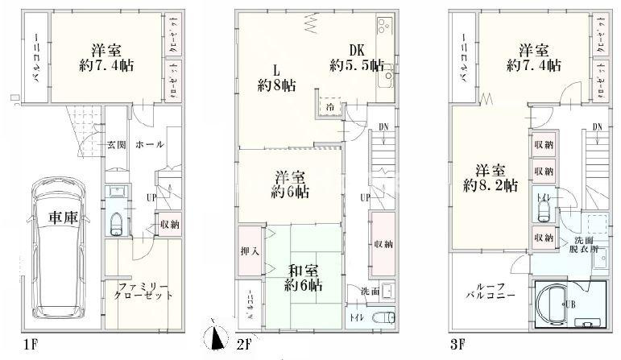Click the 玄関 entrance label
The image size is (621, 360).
click(x=117, y=145)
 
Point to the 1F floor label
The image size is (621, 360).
click(x=30, y=346)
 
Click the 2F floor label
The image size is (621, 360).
click(x=242, y=346)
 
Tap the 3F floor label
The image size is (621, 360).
click(x=458, y=346)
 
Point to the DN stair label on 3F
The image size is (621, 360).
click(x=598, y=126)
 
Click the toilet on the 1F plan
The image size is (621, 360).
click(x=118, y=222)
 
